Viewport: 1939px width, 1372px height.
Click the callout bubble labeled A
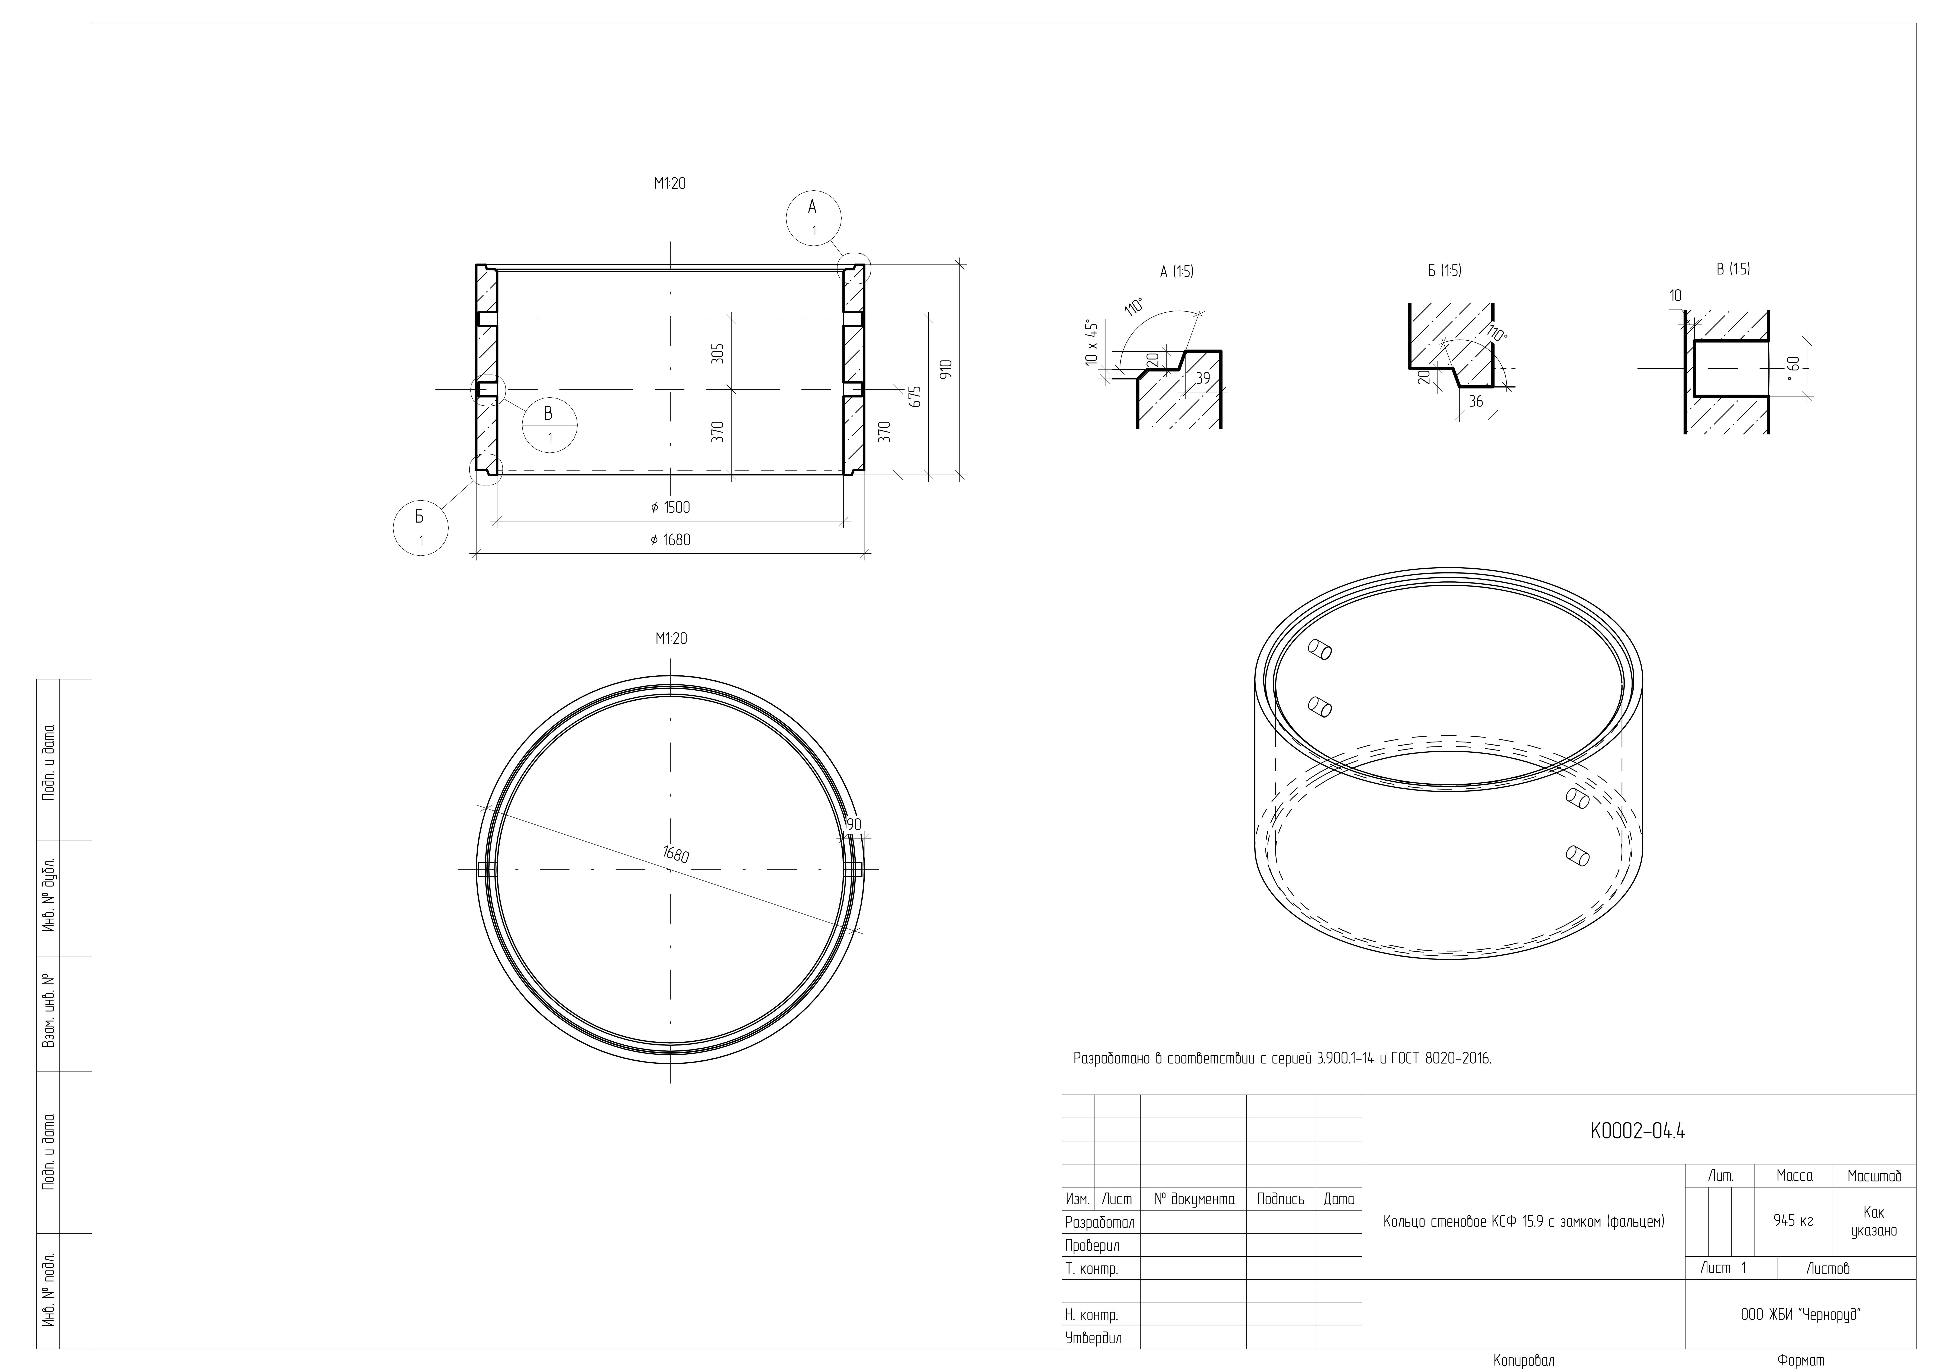click(x=813, y=218)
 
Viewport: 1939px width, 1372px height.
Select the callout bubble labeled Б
click(x=420, y=528)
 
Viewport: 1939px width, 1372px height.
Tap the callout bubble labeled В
click(x=550, y=425)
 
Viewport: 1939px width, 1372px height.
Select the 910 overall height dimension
click(x=946, y=369)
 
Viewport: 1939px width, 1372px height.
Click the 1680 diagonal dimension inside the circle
click(x=676, y=855)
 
